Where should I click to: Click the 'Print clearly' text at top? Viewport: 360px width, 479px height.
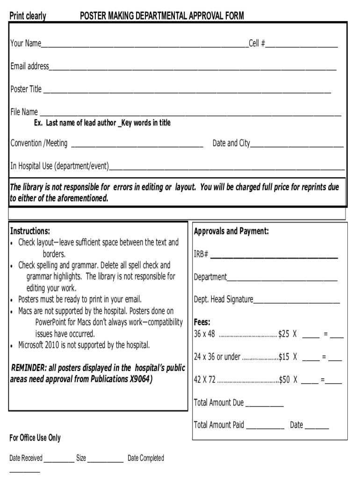click(x=28, y=16)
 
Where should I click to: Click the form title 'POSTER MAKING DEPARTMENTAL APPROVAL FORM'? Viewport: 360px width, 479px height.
click(x=162, y=16)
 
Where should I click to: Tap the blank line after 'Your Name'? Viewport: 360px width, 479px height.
click(x=144, y=44)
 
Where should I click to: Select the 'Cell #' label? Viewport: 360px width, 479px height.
click(x=257, y=44)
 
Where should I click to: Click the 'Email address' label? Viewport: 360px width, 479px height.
click(x=29, y=66)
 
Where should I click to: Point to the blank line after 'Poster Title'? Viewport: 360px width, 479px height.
click(x=187, y=90)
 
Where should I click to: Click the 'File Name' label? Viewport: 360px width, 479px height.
click(x=24, y=112)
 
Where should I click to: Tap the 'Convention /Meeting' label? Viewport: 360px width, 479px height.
click(x=39, y=143)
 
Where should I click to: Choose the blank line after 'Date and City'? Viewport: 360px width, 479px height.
click(x=297, y=144)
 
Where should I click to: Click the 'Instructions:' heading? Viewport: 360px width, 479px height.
click(x=30, y=231)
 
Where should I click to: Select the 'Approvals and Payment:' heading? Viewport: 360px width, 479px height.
click(x=231, y=231)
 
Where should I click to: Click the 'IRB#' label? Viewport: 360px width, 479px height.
click(x=201, y=254)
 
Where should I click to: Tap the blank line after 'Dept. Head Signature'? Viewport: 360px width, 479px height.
click(x=296, y=300)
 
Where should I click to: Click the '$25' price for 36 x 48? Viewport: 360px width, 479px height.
click(x=284, y=334)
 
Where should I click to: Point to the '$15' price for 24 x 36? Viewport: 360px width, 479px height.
click(x=284, y=357)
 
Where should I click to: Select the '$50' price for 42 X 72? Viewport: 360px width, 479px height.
click(x=284, y=380)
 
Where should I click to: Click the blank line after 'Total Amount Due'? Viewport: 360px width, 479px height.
click(x=264, y=404)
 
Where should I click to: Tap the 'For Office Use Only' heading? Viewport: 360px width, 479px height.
click(x=35, y=438)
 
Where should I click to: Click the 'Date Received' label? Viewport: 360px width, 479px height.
click(x=26, y=458)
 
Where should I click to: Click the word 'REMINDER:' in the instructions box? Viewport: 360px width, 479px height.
click(x=27, y=368)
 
